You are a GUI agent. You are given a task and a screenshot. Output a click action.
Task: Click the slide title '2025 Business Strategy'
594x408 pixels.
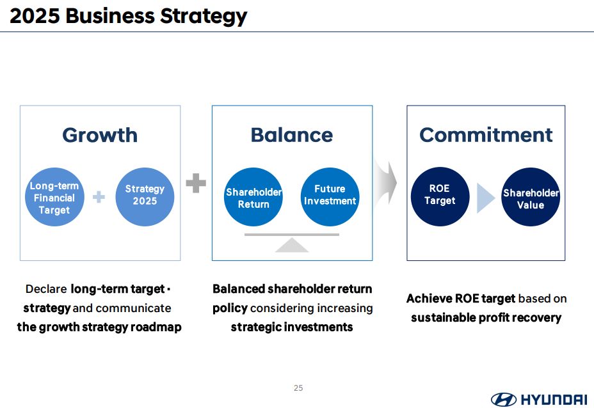point(129,17)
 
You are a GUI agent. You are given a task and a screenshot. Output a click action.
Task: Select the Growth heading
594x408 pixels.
point(100,135)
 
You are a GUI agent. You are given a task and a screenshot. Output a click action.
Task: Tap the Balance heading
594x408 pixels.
point(292,135)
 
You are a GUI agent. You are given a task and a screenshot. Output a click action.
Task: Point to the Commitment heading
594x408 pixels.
point(486,135)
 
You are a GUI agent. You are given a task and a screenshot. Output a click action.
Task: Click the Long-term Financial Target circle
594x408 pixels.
point(54,197)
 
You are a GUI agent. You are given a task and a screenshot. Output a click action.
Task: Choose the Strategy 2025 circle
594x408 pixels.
point(145,197)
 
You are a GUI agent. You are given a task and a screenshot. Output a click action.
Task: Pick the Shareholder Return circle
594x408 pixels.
point(253,197)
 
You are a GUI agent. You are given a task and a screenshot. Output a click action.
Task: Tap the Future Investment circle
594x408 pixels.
point(330,197)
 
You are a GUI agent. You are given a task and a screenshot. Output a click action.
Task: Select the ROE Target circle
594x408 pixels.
point(440,197)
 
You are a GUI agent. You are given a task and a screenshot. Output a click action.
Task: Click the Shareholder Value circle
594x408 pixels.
point(531,197)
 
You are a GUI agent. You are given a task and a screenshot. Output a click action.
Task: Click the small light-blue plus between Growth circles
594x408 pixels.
point(99,197)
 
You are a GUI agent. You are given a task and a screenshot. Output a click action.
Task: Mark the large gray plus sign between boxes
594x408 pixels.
point(196,183)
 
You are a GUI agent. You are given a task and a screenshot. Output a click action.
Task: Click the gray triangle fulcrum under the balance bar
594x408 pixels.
point(292,245)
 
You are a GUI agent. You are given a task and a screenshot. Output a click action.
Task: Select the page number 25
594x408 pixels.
point(298,388)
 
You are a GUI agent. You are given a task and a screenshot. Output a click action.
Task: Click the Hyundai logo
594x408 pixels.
point(539,399)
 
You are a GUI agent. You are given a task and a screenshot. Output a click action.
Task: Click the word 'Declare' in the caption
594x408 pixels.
point(46,289)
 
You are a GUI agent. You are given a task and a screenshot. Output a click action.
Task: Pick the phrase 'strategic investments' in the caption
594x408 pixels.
point(292,327)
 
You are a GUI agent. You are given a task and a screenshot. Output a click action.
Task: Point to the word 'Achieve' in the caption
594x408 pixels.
point(429,299)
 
